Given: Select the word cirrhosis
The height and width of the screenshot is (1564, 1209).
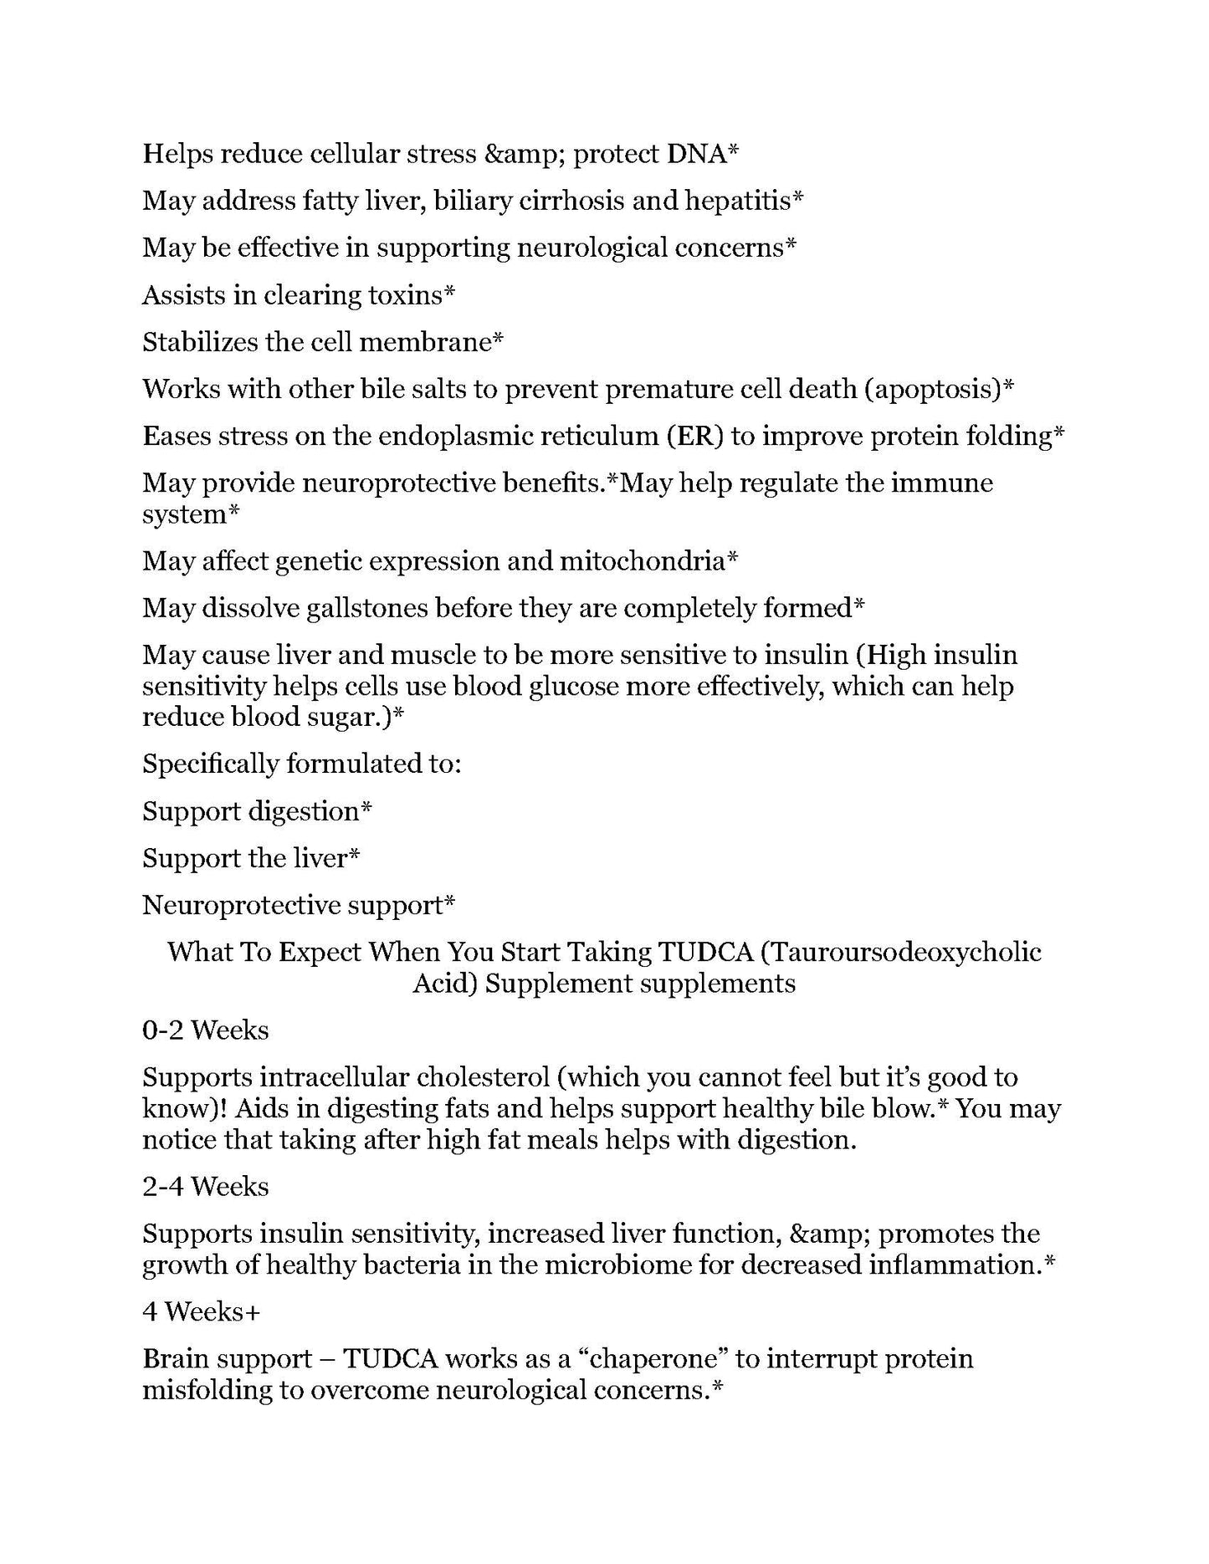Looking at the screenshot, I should (x=570, y=202).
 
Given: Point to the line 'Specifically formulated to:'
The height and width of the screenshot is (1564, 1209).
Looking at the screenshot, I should (x=301, y=764).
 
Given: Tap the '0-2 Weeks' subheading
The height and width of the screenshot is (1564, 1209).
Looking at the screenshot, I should (x=206, y=1030).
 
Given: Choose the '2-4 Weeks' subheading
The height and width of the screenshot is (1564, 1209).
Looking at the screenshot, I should (x=206, y=1188).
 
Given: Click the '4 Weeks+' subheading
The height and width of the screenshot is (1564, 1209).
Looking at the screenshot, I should (x=201, y=1312).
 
